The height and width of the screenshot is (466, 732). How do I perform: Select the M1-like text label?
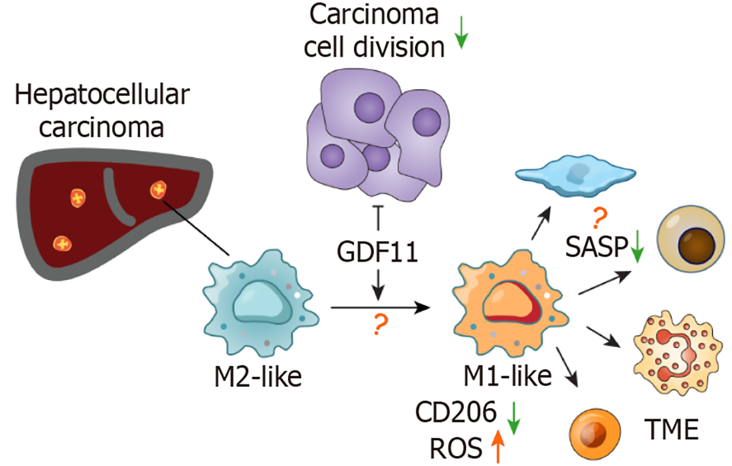tap(508, 376)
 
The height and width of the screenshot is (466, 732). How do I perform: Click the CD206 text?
tap(457, 415)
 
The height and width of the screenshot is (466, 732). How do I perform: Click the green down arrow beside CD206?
tap(513, 416)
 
